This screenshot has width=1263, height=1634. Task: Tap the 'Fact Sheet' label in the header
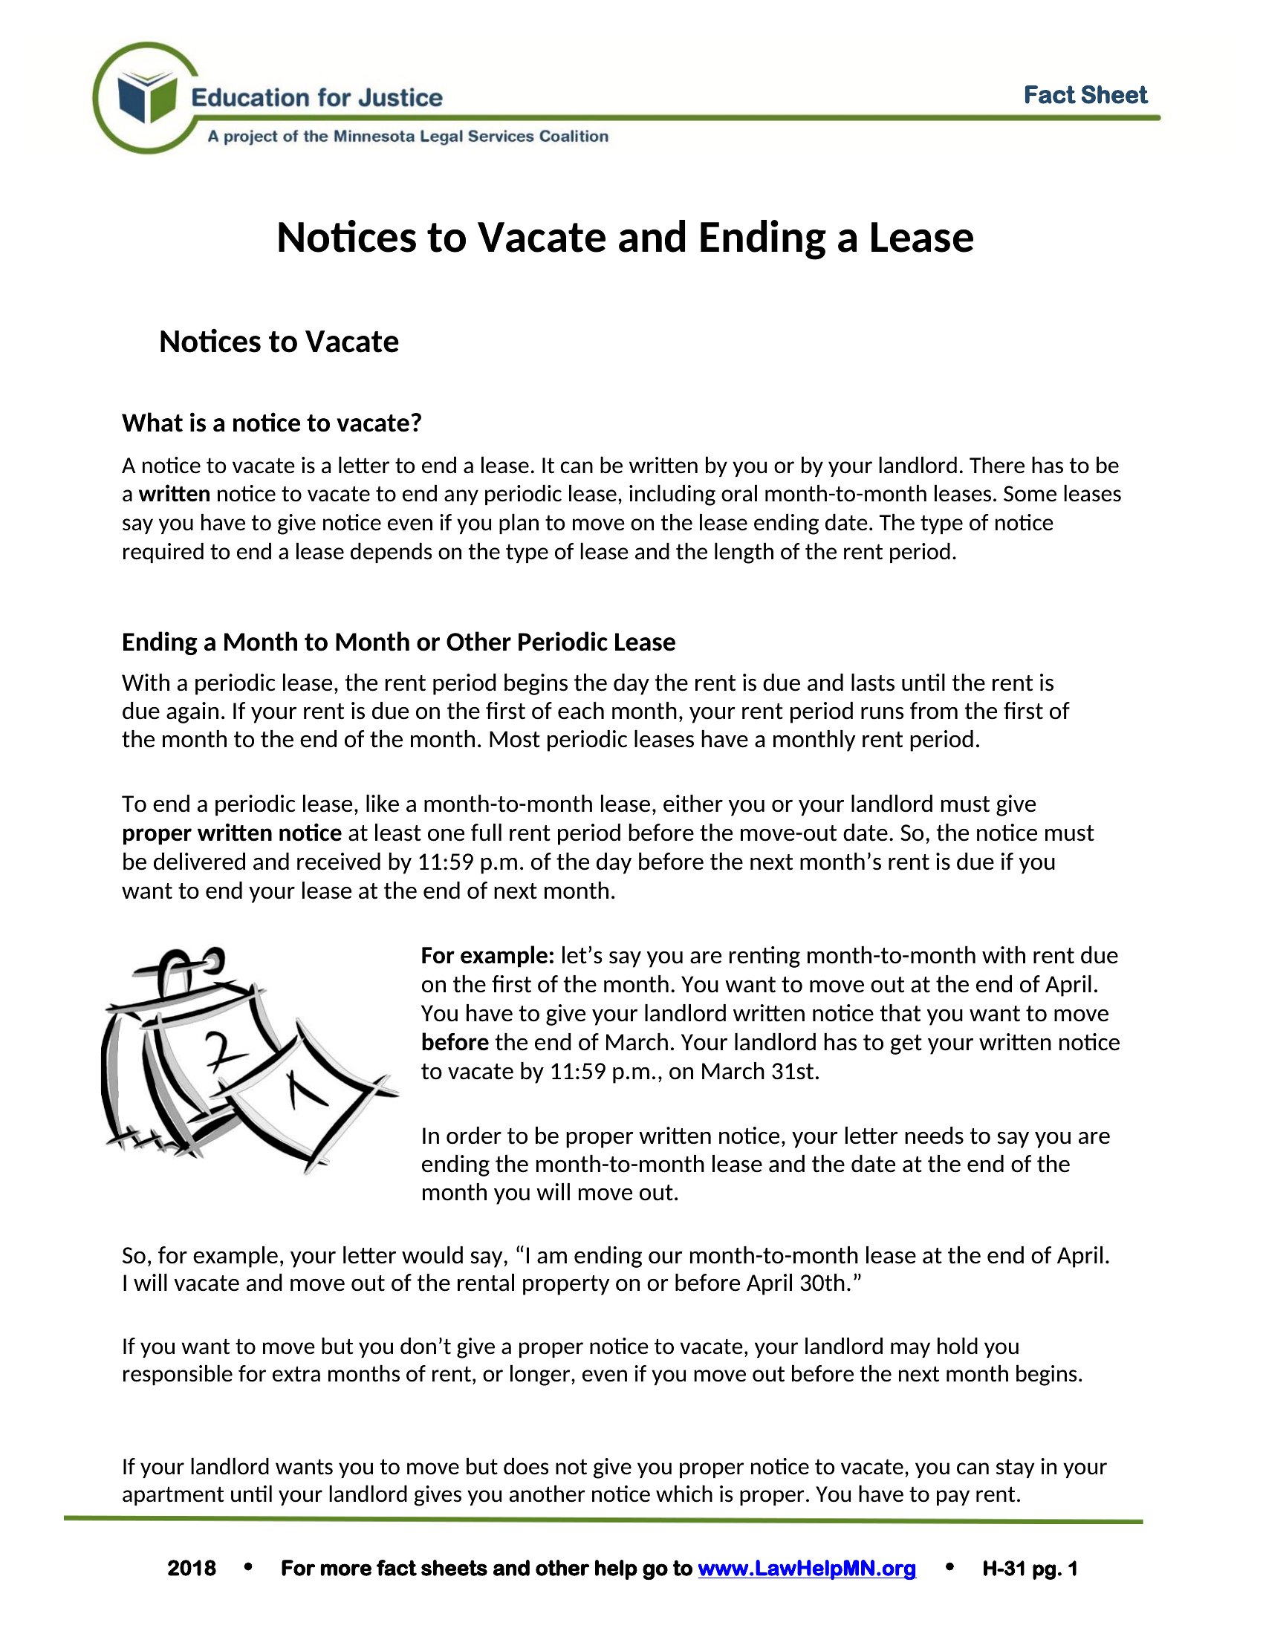[1084, 95]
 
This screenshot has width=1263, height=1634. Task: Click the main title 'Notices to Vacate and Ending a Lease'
[625, 237]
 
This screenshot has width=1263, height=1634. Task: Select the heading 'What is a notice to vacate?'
[272, 423]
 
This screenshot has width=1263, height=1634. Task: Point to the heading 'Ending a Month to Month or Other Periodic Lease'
[398, 642]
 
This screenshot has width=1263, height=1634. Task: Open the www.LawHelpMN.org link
[806, 1568]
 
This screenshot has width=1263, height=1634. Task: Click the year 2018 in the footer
[192, 1568]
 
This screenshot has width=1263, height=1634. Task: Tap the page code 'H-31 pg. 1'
[1030, 1568]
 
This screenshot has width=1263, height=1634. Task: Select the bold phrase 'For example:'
[487, 955]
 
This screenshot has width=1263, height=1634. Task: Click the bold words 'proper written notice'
[231, 833]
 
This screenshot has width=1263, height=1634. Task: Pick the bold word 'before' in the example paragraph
[455, 1042]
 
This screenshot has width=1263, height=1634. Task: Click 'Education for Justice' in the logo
[316, 98]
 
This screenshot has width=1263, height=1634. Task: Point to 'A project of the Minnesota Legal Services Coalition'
[408, 136]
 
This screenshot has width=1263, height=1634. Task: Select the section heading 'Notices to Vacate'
[279, 342]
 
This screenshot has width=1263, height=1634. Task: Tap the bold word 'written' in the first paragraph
[175, 495]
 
